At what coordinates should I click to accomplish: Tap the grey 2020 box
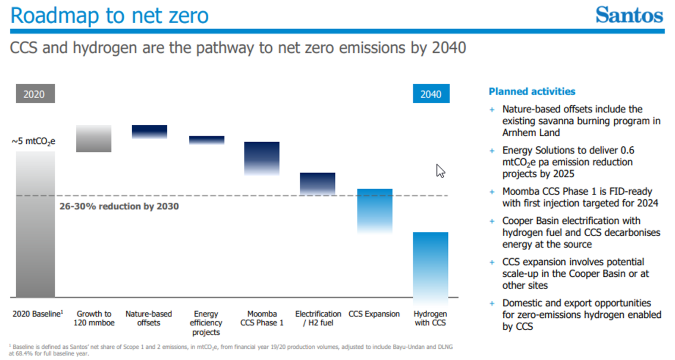tap(34, 94)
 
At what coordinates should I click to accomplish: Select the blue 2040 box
tap(431, 94)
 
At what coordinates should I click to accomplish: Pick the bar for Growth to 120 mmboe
tap(94, 139)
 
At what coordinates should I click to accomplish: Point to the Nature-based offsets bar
tap(149, 132)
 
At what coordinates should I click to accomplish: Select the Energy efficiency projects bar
tap(207, 140)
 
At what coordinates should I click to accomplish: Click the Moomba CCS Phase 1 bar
tap(262, 158)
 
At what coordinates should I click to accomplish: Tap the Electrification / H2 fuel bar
tap(318, 184)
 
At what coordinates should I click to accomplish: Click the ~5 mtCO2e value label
tap(33, 142)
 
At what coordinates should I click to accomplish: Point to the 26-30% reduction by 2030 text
tap(119, 206)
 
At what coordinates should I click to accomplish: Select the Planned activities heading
tap(532, 92)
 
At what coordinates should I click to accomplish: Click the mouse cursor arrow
tap(440, 171)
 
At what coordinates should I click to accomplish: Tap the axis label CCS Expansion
tap(374, 314)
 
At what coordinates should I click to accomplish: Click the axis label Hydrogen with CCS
tap(431, 318)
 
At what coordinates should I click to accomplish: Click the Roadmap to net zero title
tap(109, 15)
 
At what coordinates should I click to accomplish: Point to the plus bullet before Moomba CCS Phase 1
tap(492, 192)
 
